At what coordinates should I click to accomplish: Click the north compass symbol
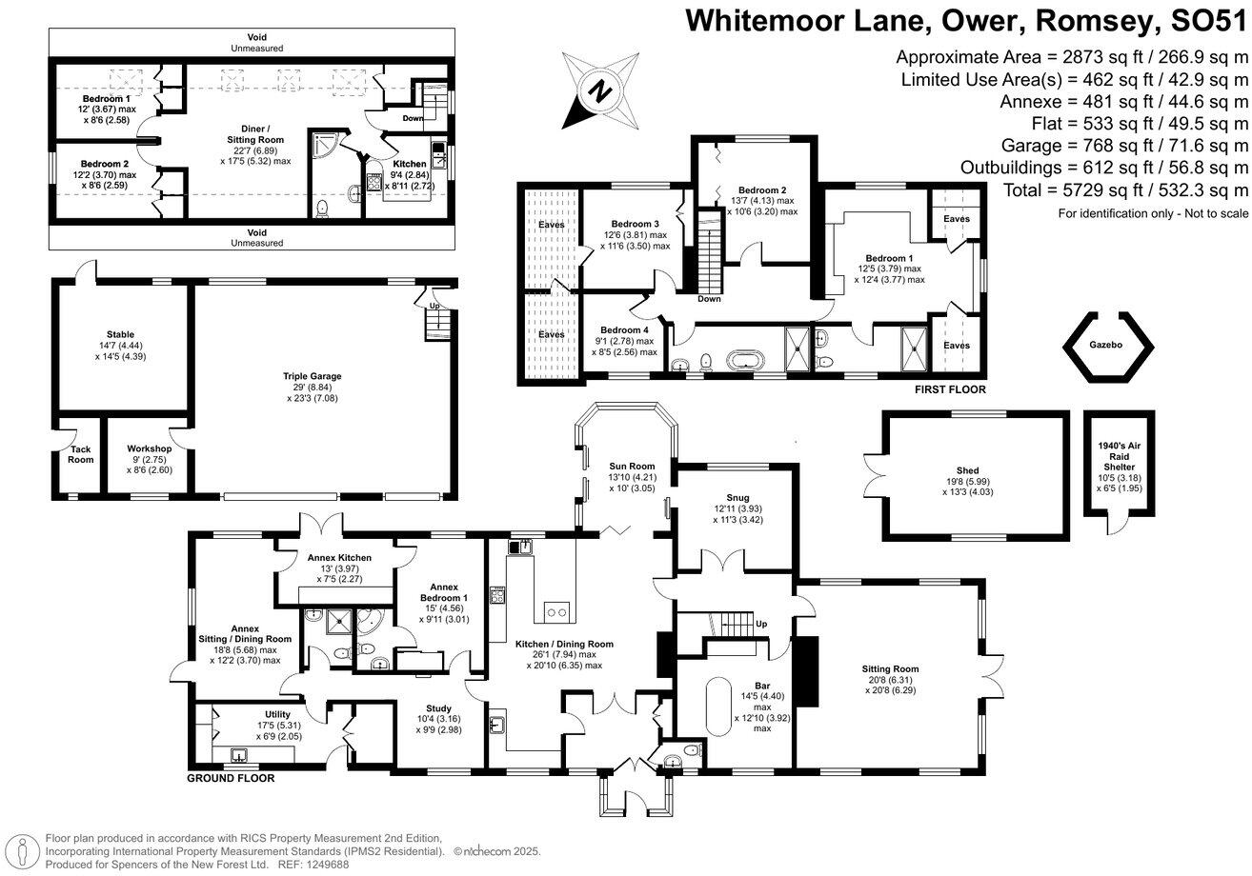[x=598, y=90]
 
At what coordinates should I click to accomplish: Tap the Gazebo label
[x=1105, y=344]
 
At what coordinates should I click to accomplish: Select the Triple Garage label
[x=312, y=376]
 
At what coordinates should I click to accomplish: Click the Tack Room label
[x=81, y=453]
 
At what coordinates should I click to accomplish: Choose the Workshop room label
[x=150, y=448]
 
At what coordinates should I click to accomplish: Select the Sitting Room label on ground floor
[x=891, y=668]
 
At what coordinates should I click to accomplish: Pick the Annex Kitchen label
[x=339, y=558]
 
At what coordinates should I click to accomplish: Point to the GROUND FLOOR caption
[x=231, y=778]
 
